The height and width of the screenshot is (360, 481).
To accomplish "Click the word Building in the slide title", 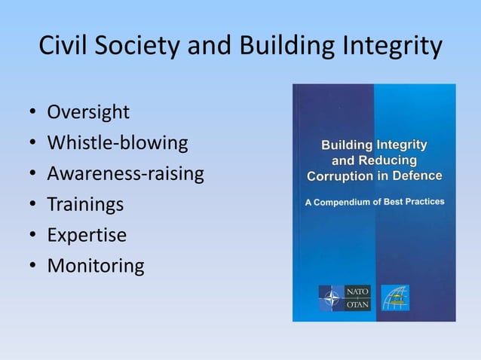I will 290,46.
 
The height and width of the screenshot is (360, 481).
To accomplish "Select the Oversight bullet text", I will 88,113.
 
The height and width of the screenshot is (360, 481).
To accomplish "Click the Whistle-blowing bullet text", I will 117,143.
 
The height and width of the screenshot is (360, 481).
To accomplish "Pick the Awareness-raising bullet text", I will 125,174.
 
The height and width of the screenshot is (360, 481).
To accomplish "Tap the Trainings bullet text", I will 85,205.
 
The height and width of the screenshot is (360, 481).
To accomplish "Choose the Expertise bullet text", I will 87,235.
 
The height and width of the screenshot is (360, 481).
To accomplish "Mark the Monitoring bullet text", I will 95,266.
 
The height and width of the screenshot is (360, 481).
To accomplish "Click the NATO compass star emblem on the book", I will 330,298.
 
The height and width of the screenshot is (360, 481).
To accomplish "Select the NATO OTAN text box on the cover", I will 357,298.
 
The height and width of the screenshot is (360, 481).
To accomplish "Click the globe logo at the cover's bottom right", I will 396,298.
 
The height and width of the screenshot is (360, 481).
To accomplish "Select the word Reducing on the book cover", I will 386,160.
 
